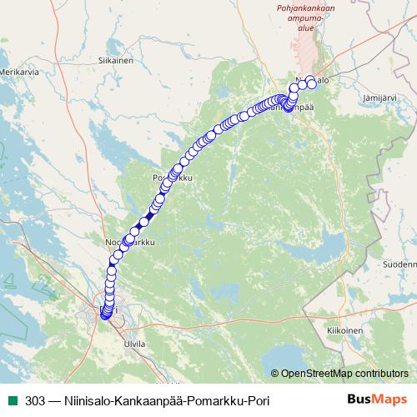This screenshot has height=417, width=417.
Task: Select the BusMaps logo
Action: [x=376, y=399]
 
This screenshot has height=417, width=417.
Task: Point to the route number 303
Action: [x=35, y=400]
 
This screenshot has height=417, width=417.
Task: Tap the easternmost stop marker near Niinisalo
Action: [x=312, y=82]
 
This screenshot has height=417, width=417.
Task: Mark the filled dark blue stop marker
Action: [x=149, y=215]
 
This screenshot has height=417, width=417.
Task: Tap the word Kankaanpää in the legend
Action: [x=148, y=400]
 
